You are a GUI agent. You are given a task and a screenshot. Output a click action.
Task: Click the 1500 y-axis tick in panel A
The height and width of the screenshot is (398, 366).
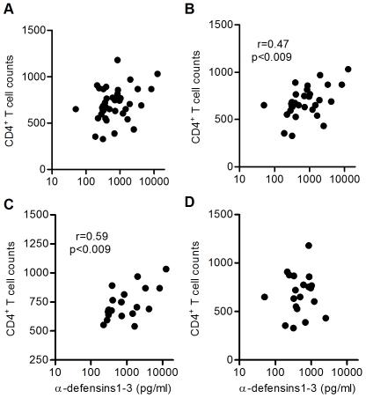35,31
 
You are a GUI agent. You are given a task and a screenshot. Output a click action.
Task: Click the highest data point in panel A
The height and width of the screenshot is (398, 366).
117,61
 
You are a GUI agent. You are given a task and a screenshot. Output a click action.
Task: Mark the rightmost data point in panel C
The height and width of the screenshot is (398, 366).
165,269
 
